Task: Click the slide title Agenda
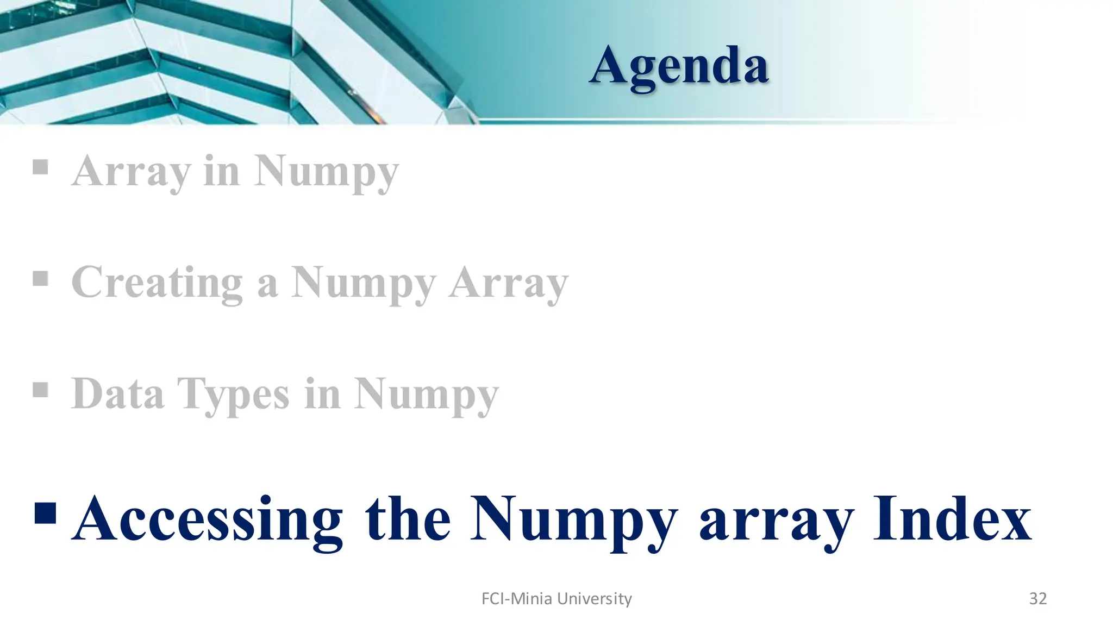click(x=679, y=66)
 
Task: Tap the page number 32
click(x=1037, y=598)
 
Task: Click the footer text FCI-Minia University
click(x=556, y=598)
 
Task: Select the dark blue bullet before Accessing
click(x=45, y=512)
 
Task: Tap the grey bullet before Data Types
click(x=40, y=390)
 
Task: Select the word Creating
click(x=157, y=283)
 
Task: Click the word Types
click(x=233, y=395)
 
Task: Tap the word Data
click(x=117, y=393)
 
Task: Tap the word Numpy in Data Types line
click(x=426, y=395)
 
